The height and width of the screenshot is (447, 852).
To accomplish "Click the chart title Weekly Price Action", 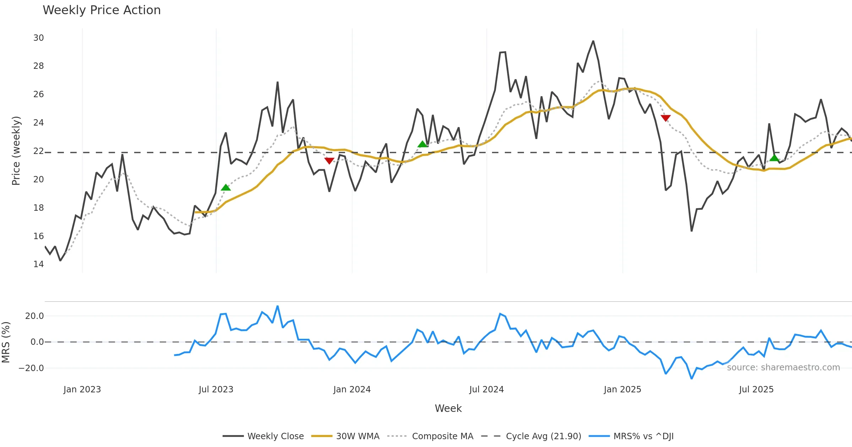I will [x=102, y=10].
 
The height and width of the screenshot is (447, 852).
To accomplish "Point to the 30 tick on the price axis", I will [x=38, y=38].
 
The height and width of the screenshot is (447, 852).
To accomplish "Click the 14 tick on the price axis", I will [x=38, y=264].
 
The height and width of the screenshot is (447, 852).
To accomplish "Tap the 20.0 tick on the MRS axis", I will [x=34, y=316].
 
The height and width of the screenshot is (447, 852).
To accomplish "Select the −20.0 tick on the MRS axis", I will [x=31, y=368].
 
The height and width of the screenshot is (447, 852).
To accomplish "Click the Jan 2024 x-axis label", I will [x=352, y=390].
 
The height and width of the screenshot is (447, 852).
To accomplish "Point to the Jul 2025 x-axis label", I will [x=756, y=390].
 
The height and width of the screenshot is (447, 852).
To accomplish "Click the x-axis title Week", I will [x=448, y=409].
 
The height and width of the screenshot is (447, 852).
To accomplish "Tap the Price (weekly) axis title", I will [x=16, y=151].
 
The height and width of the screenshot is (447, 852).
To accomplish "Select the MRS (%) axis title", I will [x=6, y=342].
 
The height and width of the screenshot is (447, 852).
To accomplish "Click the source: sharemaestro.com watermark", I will [x=783, y=368].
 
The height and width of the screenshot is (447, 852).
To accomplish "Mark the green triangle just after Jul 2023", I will [x=226, y=188].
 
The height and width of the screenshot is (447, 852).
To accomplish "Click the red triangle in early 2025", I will [x=666, y=118].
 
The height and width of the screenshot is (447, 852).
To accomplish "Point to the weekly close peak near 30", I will [x=593, y=41].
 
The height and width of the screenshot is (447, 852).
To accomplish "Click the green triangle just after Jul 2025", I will [x=774, y=158].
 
